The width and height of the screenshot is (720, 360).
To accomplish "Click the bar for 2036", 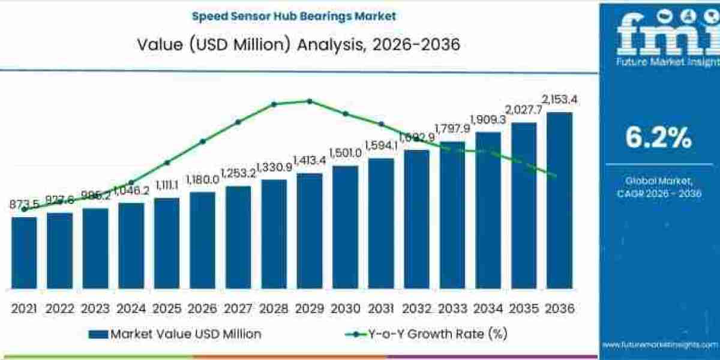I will (559, 200).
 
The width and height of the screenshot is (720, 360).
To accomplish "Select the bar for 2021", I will (24, 252).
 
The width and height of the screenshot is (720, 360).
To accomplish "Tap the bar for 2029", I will (310, 230).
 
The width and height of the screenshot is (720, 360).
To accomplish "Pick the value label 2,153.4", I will (560, 99).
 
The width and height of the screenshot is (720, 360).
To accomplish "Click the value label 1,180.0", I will (202, 179).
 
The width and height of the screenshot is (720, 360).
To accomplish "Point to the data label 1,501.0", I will (345, 153).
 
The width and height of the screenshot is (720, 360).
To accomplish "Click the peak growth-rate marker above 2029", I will (310, 101).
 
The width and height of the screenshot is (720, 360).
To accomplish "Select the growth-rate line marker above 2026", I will (202, 141).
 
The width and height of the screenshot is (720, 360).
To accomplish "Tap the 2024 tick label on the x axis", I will (131, 308).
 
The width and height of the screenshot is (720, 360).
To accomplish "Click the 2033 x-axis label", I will (452, 308).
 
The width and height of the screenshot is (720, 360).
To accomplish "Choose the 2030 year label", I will (345, 308).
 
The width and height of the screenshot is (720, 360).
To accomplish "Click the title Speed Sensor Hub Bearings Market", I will (294, 16).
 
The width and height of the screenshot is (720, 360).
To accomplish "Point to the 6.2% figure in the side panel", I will (659, 138).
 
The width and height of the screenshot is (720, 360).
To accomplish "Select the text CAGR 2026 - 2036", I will (659, 193).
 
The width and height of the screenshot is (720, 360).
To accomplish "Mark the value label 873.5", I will (24, 205).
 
